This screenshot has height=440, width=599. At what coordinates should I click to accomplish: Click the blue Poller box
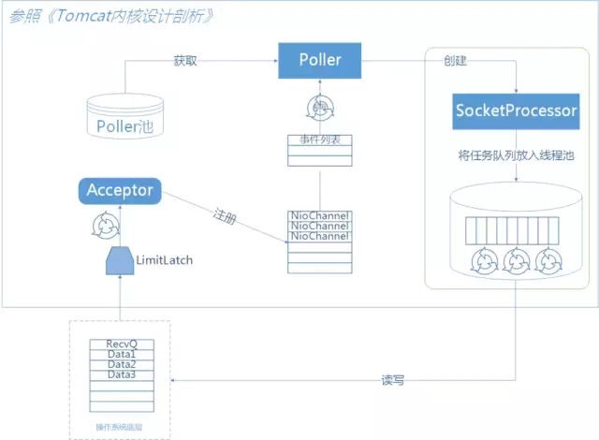pyautogui.click(x=320, y=61)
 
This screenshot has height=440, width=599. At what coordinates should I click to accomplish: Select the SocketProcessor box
pyautogui.click(x=516, y=110)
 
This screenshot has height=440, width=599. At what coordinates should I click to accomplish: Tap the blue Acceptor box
pyautogui.click(x=119, y=191)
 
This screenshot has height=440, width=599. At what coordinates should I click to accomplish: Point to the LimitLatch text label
pyautogui.click(x=165, y=259)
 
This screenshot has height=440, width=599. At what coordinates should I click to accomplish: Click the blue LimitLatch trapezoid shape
pyautogui.click(x=119, y=261)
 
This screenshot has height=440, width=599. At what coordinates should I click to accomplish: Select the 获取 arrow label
pyautogui.click(x=185, y=60)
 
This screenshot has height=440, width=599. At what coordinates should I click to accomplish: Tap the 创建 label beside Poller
pyautogui.click(x=455, y=60)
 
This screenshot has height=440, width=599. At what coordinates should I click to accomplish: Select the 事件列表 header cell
pyautogui.click(x=320, y=139)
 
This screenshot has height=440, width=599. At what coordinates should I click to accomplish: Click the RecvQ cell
pyautogui.click(x=122, y=345)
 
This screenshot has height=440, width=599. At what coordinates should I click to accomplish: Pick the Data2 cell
pyautogui.click(x=122, y=364)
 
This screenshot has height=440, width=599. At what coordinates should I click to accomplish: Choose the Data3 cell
pyautogui.click(x=122, y=374)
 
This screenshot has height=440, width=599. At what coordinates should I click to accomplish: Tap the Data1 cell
pyautogui.click(x=122, y=355)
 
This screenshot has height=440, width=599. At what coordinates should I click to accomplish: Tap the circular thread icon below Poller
pyautogui.click(x=320, y=107)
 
